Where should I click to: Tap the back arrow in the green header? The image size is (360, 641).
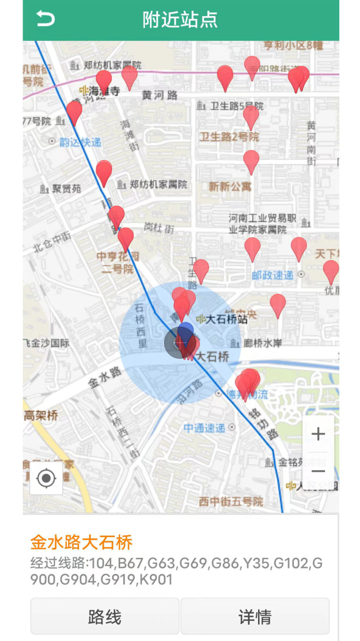pyautogui.click(x=45, y=19)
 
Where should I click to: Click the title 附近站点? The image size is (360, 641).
pyautogui.click(x=180, y=20)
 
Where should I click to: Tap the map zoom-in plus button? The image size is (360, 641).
pyautogui.click(x=318, y=434)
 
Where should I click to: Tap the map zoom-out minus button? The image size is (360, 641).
pyautogui.click(x=318, y=471)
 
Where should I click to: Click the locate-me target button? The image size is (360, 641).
pyautogui.click(x=46, y=478)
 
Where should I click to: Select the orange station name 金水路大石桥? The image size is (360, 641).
pyautogui.click(x=81, y=542)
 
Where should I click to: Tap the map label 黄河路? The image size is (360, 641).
pyautogui.click(x=160, y=95)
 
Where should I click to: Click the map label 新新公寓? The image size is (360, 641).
pyautogui.click(x=230, y=186)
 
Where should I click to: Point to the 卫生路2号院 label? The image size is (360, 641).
pyautogui.click(x=229, y=137)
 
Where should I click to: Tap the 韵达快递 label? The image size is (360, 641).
pyautogui.click(x=80, y=142)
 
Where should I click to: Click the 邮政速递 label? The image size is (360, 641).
pyautogui.click(x=272, y=275)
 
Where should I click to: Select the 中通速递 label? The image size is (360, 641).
pyautogui.click(x=204, y=427)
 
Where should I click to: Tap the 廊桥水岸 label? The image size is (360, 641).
pyautogui.click(x=262, y=343)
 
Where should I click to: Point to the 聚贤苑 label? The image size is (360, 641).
pyautogui.click(x=66, y=189)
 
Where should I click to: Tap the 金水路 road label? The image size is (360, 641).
pyautogui.click(x=106, y=376)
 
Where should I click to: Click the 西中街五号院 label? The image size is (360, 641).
pyautogui.click(x=231, y=502)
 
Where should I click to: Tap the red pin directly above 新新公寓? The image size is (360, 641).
pyautogui.click(x=251, y=161)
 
